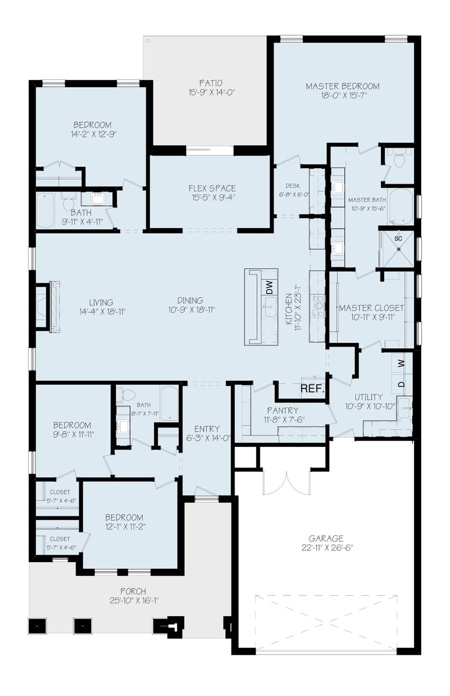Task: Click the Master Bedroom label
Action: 342,86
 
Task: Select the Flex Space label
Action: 212,189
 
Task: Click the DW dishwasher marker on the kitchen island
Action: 269,288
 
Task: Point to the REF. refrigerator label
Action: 312,389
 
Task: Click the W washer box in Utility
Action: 401,363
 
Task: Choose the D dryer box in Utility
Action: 401,383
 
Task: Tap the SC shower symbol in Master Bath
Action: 397,238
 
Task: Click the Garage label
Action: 326,539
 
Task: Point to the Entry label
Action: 207,429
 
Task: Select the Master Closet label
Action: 371,308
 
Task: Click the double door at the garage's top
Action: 286,480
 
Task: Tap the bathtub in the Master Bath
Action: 400,207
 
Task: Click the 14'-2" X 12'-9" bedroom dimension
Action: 92,134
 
